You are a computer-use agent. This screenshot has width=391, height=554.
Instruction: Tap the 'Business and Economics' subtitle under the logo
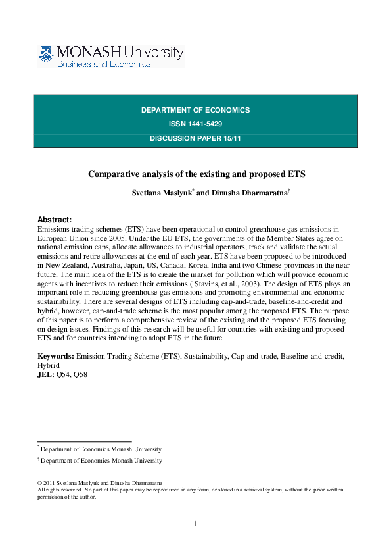click(x=104, y=64)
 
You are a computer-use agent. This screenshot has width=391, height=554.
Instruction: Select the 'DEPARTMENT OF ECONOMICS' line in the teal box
click(x=195, y=110)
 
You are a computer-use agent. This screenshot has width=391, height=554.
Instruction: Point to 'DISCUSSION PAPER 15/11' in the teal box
click(x=195, y=138)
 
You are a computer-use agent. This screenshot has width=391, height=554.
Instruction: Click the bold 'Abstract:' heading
click(x=55, y=220)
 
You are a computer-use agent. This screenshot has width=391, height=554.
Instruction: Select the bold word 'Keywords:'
click(x=56, y=356)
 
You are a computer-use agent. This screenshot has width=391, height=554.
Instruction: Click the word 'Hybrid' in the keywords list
click(x=49, y=365)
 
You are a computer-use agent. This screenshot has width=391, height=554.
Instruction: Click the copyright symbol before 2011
click(x=39, y=483)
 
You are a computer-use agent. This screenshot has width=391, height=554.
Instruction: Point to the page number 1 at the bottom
click(x=196, y=524)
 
